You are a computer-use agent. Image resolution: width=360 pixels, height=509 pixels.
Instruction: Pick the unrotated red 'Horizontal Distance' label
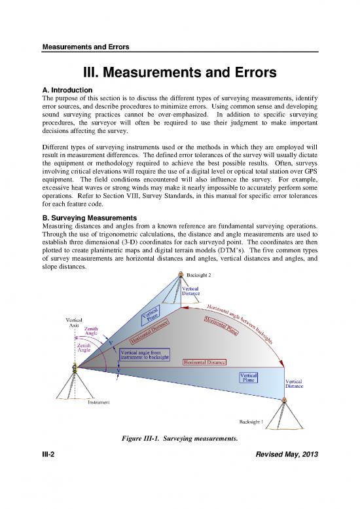tap(206, 362)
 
